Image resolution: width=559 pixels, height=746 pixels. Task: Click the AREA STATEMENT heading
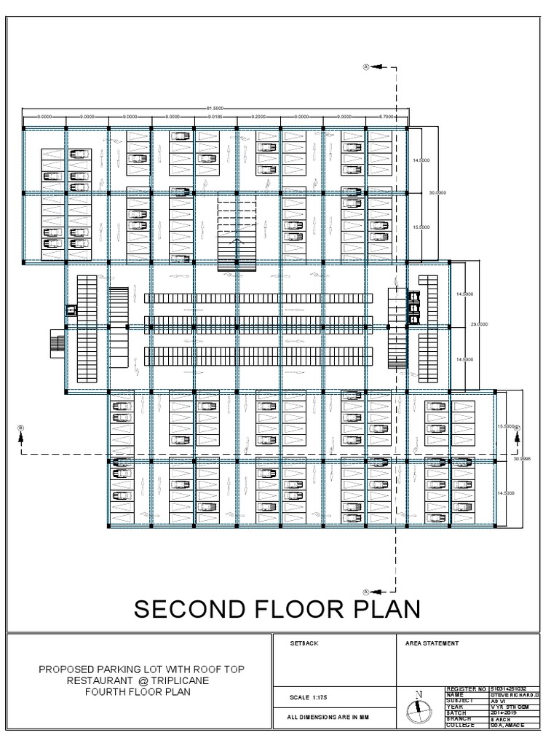click(x=432, y=644)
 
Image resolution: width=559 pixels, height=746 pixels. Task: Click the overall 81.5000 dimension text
click(x=214, y=108)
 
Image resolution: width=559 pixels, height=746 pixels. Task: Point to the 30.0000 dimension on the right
click(x=437, y=192)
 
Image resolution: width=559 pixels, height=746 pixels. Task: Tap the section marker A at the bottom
click(x=367, y=591)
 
